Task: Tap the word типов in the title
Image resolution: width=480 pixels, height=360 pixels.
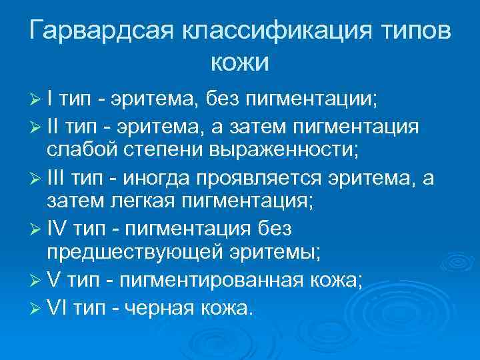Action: tap(417, 32)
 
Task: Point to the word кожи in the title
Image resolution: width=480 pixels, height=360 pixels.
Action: tap(239, 63)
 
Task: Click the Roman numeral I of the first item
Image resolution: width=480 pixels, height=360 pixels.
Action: tap(51, 101)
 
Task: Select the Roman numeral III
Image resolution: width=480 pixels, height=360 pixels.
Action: tap(56, 178)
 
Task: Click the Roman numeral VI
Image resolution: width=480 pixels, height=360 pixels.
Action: tap(58, 307)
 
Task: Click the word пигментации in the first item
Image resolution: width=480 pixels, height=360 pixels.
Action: tap(311, 101)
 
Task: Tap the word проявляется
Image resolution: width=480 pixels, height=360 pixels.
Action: tap(271, 178)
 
